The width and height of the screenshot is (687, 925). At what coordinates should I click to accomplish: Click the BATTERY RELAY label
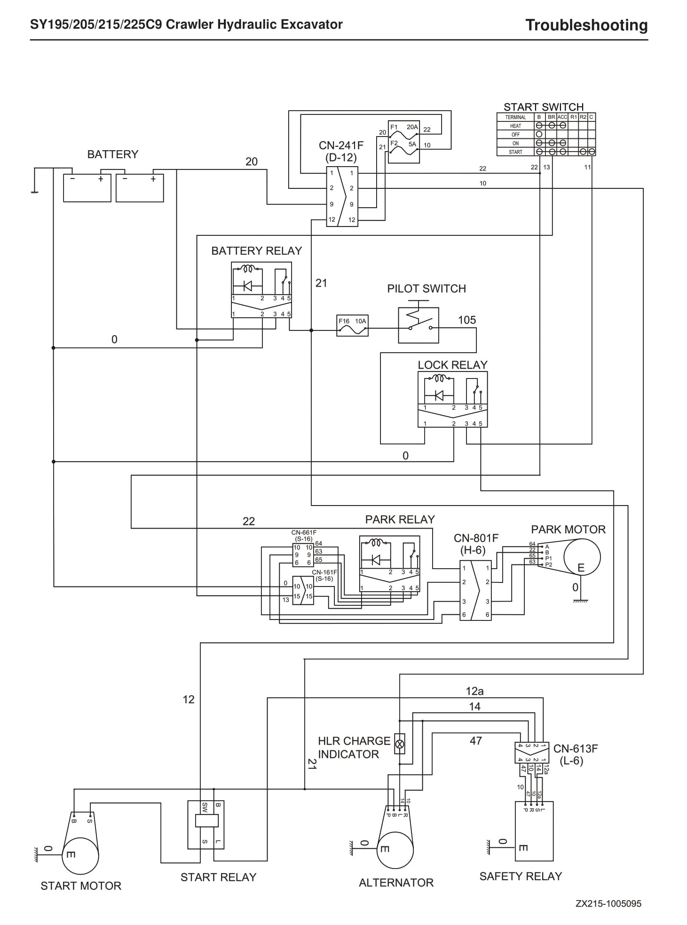256,251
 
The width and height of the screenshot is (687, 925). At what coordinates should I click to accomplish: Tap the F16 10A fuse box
353,326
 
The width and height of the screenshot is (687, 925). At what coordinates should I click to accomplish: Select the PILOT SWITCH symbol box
419,325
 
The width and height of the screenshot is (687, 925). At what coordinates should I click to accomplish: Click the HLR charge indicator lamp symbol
400,744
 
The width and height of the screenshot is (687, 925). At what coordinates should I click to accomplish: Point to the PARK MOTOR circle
582,556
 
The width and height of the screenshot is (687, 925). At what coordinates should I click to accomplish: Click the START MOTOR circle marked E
80,856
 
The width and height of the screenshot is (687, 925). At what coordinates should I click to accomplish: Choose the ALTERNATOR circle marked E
395,850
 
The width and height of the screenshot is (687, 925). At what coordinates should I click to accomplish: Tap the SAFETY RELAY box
534,831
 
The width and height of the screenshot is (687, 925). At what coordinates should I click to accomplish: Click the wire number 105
467,320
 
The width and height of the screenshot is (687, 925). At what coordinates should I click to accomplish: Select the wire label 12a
474,691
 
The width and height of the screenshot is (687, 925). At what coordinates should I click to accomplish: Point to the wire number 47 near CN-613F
476,740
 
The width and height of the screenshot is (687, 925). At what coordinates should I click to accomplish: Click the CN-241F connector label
341,151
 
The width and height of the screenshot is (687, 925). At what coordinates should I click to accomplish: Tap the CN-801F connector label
476,544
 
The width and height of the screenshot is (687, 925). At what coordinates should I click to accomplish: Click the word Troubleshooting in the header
586,24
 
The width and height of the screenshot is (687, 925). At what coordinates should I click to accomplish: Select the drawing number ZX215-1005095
608,903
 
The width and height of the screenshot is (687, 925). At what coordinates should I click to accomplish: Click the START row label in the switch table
515,152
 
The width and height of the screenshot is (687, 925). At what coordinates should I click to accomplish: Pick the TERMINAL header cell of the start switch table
515,117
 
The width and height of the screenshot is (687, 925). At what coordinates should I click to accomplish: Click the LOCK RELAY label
452,365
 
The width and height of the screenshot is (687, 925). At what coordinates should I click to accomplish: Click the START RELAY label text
219,877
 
